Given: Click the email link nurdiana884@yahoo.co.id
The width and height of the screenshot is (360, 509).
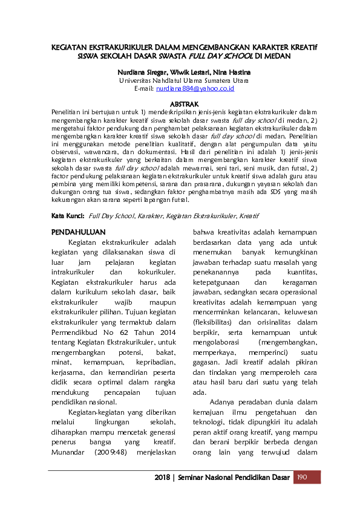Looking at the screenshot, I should point(195,88).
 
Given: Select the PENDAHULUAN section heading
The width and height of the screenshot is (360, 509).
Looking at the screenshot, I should point(79,232).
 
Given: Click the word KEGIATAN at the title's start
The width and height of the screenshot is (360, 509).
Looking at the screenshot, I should point(70,47).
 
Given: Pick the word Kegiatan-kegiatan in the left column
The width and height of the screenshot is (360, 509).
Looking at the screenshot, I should point(97,411).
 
